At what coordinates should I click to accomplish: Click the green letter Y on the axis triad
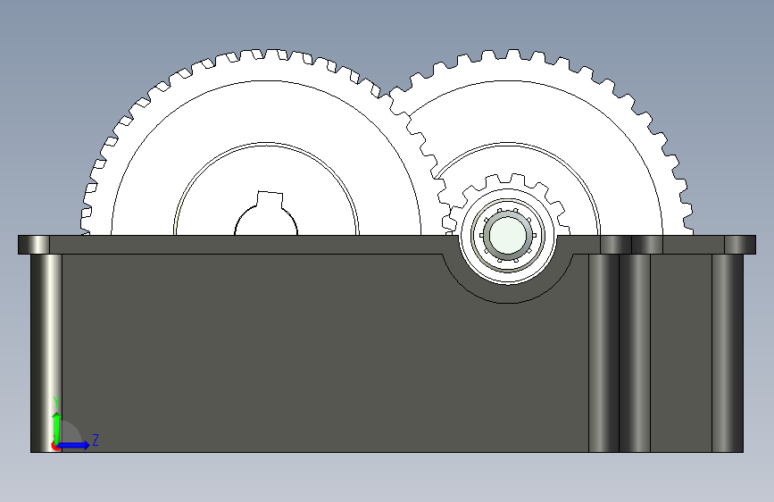(x=56, y=402)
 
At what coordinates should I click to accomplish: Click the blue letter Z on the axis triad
(x=96, y=439)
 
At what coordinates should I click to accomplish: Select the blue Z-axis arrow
(x=73, y=445)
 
